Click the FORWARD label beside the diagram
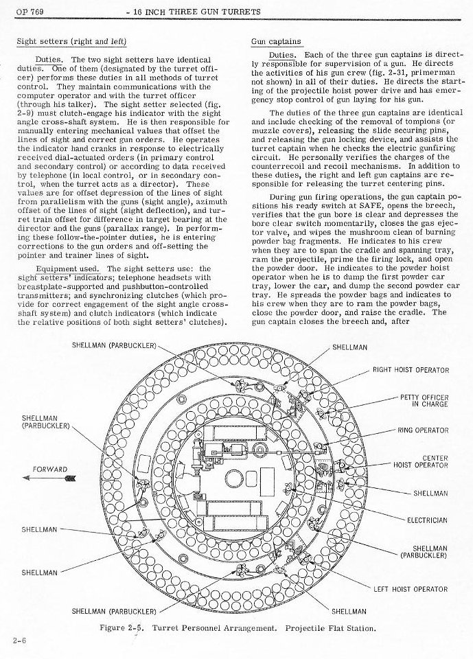click(x=49, y=470)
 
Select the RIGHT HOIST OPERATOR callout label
click(x=411, y=370)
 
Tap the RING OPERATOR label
click(x=423, y=430)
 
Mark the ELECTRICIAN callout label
click(x=427, y=520)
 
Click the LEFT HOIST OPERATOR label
click(x=411, y=588)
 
